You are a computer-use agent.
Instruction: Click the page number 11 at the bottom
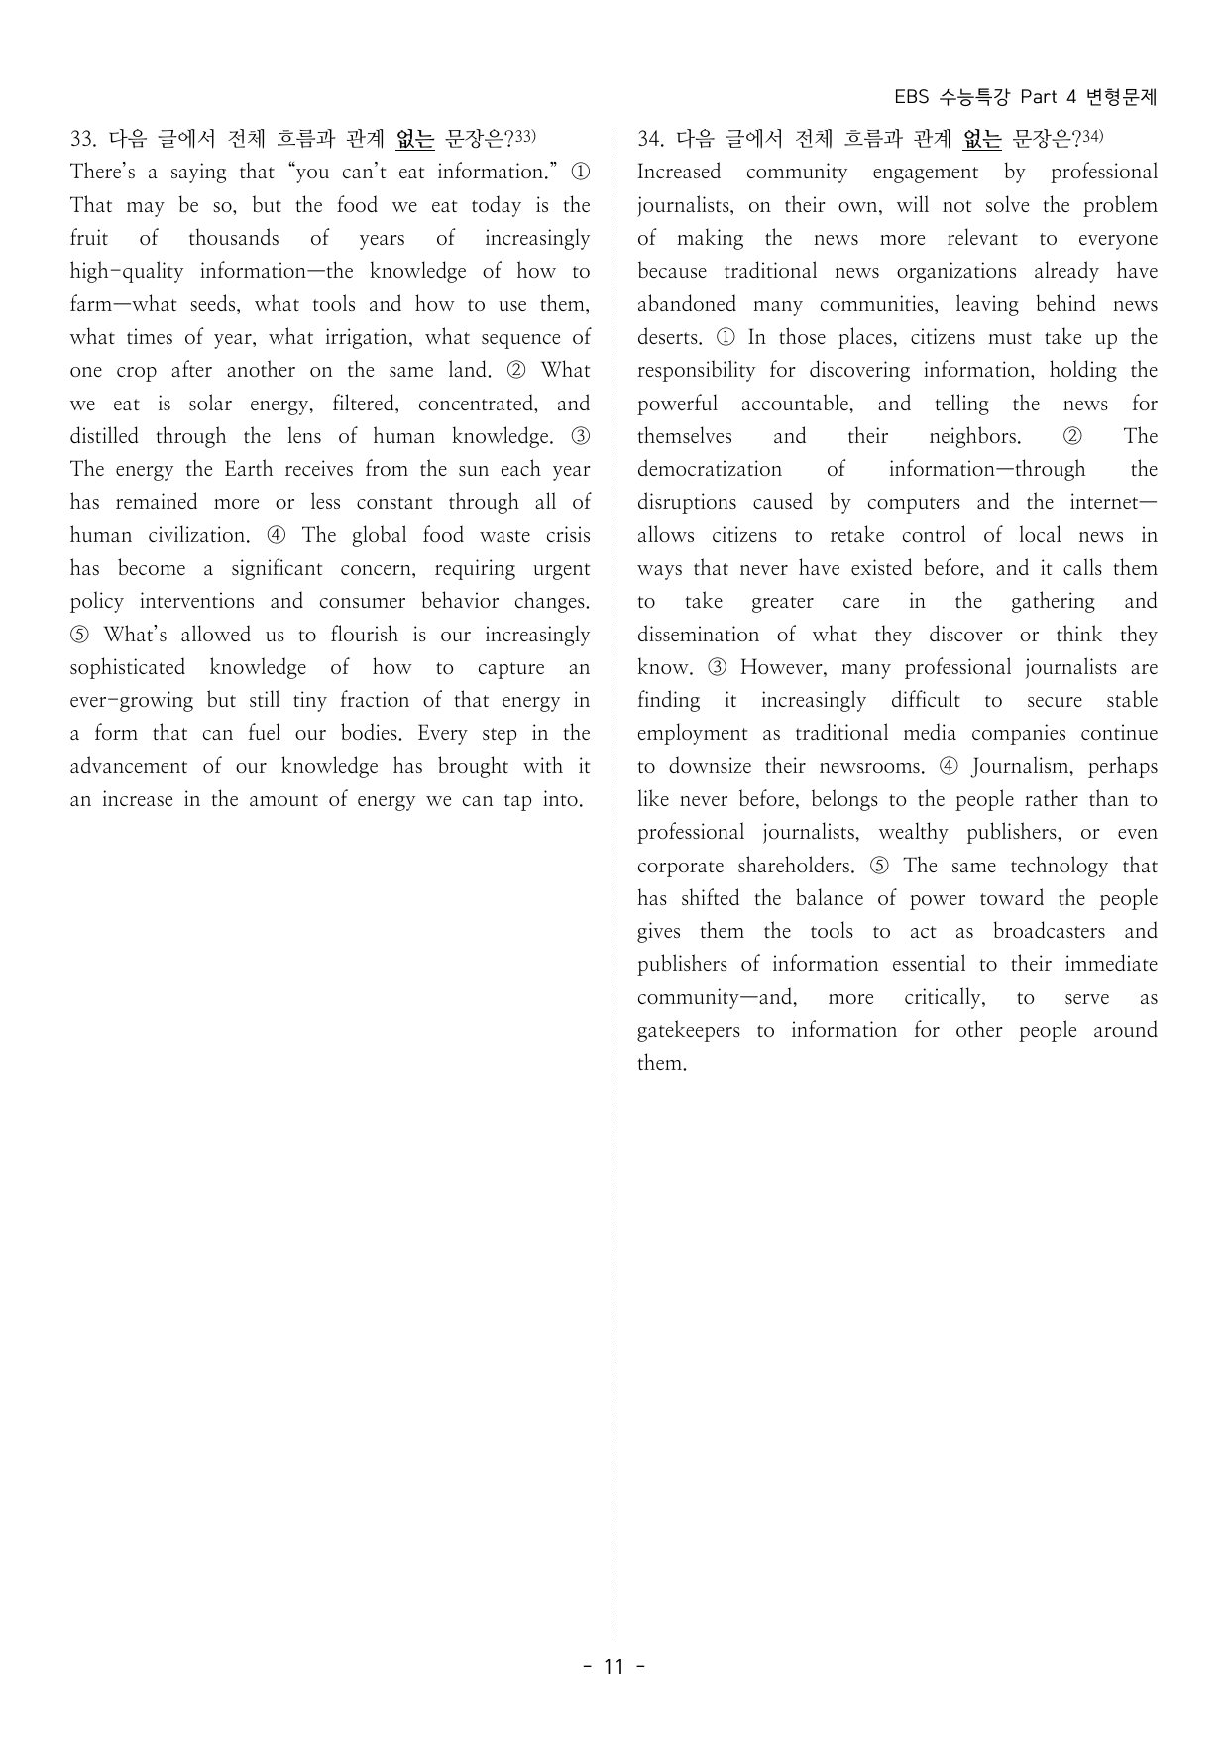click(x=614, y=1666)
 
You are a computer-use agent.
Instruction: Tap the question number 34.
click(x=649, y=140)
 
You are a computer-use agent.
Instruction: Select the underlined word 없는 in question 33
click(x=414, y=140)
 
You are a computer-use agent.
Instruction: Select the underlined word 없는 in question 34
click(x=982, y=140)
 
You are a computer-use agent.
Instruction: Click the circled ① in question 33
click(x=581, y=173)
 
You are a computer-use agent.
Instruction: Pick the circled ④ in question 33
click(x=278, y=536)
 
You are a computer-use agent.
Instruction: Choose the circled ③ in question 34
click(x=717, y=668)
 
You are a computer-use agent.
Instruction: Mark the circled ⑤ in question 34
click(x=879, y=867)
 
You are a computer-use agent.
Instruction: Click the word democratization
click(x=709, y=470)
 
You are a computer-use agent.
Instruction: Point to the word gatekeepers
click(x=688, y=1031)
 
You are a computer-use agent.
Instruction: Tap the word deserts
click(x=669, y=338)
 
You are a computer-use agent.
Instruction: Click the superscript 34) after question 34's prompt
click(x=1090, y=136)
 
